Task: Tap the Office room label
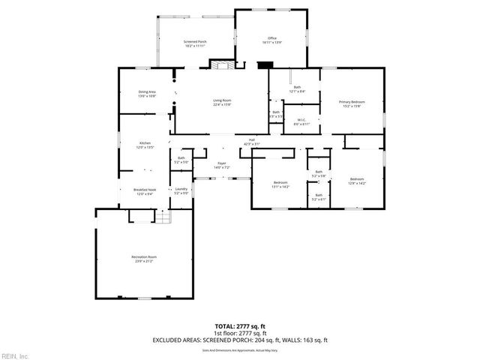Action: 273,40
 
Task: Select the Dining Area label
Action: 147,94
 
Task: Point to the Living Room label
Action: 222,103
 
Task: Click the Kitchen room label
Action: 145,145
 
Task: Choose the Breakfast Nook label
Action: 145,192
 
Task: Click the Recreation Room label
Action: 142,259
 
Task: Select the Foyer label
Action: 222,165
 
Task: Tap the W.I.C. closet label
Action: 300,121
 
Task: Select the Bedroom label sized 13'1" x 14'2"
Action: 280,184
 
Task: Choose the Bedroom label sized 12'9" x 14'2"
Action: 357,180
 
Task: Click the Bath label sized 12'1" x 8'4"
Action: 297,89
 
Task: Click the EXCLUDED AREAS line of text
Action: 239,340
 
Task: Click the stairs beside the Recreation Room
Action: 163,217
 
